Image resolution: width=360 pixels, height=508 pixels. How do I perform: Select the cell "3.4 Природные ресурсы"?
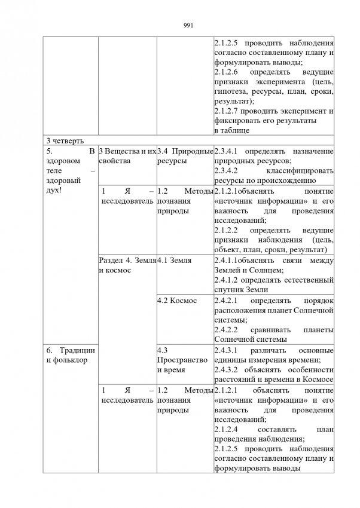[184, 156]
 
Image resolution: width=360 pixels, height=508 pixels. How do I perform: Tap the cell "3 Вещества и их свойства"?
[127, 156]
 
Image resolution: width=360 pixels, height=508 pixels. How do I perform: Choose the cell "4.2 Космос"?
[176, 300]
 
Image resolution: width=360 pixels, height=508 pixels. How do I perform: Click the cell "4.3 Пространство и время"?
[182, 360]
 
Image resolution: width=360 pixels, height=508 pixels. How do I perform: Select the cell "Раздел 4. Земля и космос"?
[127, 265]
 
